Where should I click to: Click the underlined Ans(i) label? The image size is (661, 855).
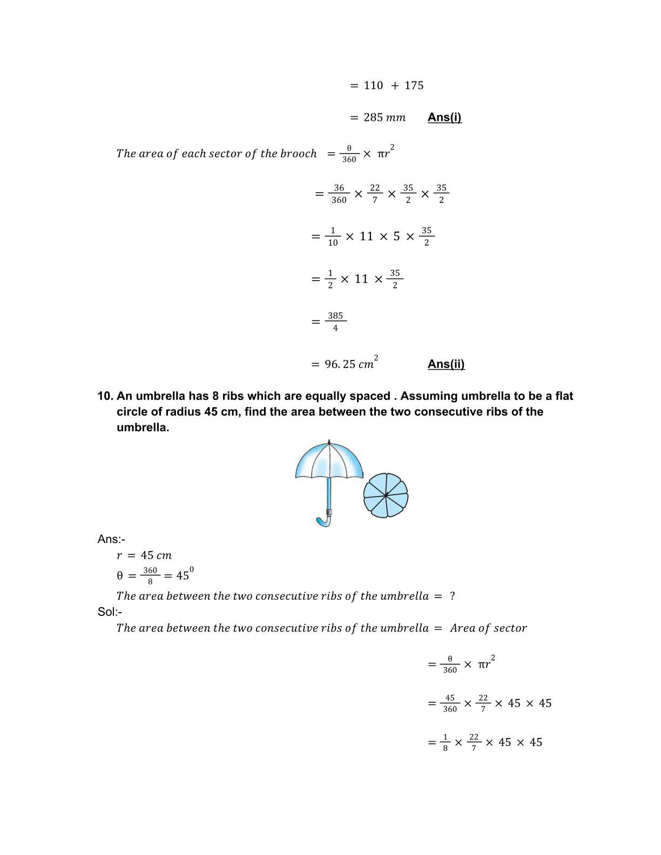(444, 117)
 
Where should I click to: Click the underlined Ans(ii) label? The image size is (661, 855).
(446, 364)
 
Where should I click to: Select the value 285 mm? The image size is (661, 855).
(384, 117)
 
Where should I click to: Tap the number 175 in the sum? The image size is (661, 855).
(414, 85)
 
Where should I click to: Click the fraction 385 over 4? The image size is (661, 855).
(335, 322)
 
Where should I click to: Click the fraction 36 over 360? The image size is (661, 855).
(339, 194)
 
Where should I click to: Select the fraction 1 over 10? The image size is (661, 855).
(333, 236)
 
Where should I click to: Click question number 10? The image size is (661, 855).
(105, 396)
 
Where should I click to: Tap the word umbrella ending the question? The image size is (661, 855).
(142, 427)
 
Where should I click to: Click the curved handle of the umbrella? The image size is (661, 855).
(323, 521)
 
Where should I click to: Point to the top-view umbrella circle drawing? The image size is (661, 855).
(386, 496)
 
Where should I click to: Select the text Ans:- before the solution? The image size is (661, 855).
(111, 539)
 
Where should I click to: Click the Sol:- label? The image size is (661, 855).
(110, 612)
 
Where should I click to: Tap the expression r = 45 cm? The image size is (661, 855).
(144, 555)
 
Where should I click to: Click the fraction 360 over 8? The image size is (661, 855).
(150, 575)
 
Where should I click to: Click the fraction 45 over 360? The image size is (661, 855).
(450, 703)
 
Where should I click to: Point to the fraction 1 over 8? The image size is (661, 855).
(445, 742)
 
